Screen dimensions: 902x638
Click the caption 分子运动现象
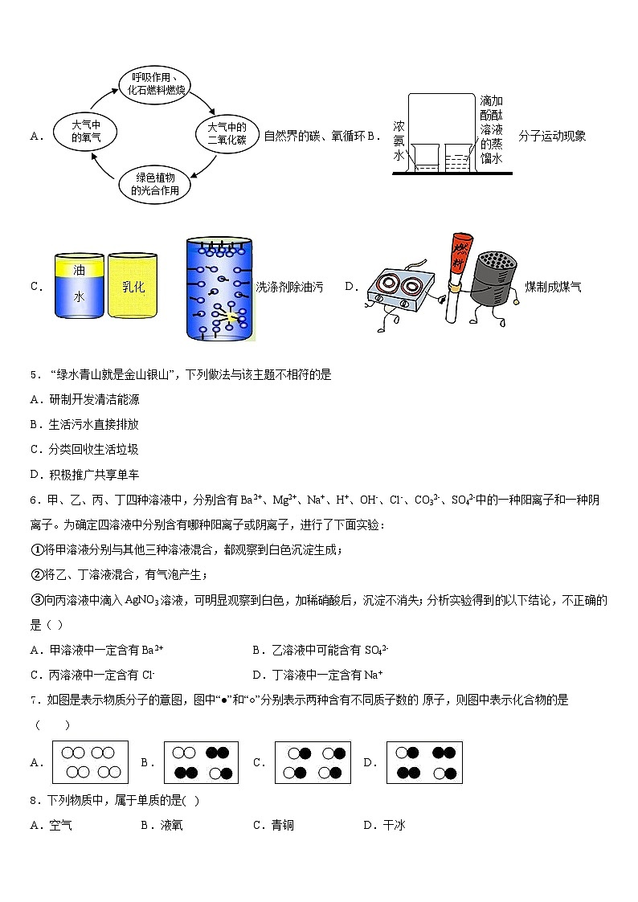(x=552, y=136)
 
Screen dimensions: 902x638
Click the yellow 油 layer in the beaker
(x=79, y=269)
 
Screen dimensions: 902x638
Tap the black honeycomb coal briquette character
(x=493, y=283)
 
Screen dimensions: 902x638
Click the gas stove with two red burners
(x=398, y=288)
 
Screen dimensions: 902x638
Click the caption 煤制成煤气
(x=553, y=287)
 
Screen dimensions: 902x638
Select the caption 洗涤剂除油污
(x=289, y=287)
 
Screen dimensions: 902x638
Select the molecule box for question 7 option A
(x=90, y=762)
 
